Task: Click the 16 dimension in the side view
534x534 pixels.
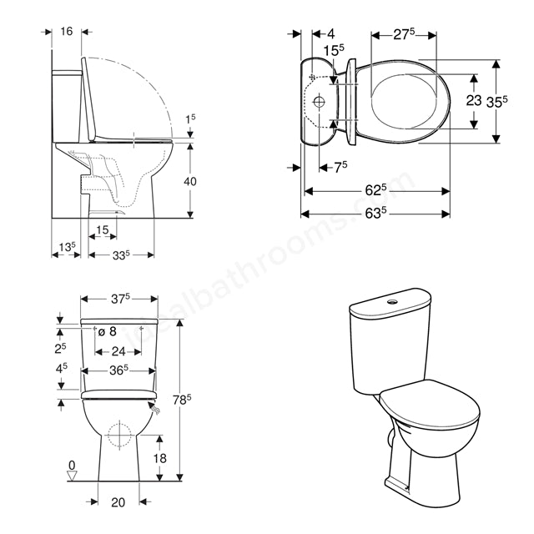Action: (x=67, y=31)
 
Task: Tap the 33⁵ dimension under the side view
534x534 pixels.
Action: (x=122, y=255)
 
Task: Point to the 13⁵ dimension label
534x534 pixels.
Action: (x=68, y=247)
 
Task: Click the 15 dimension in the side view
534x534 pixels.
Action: (x=101, y=229)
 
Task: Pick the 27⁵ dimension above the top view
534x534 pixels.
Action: (x=405, y=35)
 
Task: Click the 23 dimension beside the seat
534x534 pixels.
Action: (x=473, y=100)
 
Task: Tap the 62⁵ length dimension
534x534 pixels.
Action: (x=375, y=190)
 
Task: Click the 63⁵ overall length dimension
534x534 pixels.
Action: (x=375, y=214)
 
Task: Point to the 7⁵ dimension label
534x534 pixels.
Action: (x=340, y=167)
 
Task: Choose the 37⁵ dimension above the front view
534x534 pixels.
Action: (x=120, y=298)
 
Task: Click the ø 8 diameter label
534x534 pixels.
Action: (x=118, y=331)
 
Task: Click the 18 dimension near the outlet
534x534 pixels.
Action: (x=161, y=457)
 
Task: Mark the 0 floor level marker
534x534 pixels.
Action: (x=72, y=465)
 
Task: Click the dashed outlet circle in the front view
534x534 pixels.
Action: (x=118, y=435)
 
